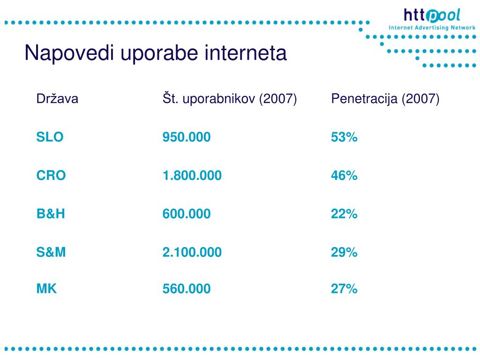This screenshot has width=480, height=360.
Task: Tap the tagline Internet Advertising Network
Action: coord(432,28)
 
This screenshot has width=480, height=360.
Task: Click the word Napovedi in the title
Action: coord(69,53)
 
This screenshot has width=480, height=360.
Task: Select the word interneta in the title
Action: coord(246,53)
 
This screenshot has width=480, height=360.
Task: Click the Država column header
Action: coord(57,98)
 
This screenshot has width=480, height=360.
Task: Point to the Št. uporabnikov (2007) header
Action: coord(230,98)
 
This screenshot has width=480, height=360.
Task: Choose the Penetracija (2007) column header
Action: coord(385,99)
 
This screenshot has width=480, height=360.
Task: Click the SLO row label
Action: coord(50,137)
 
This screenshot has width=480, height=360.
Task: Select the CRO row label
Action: coord(51,175)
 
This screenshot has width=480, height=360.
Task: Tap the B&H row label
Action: coord(51,214)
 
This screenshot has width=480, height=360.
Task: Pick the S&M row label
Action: coord(51,252)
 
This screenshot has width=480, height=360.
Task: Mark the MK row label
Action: coord(46,289)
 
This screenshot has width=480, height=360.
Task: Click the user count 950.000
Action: coord(187,137)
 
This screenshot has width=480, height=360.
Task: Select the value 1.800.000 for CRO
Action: coord(192,175)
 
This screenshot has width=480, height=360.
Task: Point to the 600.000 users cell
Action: coord(187,214)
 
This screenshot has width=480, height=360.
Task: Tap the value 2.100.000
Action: coord(192,252)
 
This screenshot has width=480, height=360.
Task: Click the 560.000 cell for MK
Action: coord(187,289)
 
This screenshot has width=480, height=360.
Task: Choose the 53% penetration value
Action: coord(344,137)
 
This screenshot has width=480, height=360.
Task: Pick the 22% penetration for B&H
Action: coord(344,214)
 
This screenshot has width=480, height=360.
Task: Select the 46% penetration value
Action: coord(344,175)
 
